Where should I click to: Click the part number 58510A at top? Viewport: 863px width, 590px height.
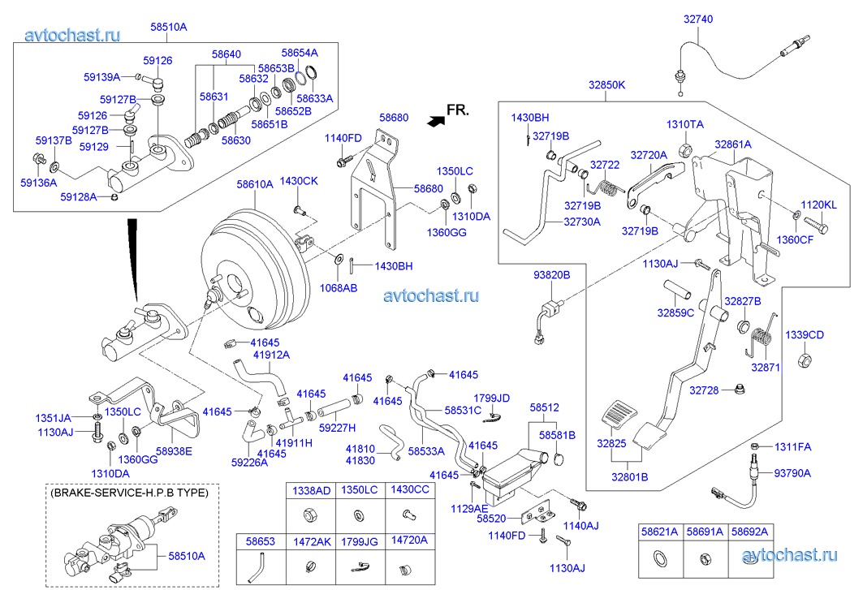[169, 27]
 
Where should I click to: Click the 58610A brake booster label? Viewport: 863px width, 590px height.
[255, 184]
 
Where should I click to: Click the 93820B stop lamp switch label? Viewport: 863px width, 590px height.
[551, 276]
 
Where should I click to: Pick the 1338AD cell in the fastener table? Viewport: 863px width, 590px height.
[311, 491]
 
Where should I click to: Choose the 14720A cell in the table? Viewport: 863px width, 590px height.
[408, 539]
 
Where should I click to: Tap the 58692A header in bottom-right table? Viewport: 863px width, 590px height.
[749, 532]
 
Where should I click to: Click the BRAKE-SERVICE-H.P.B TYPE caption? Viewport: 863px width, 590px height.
[129, 493]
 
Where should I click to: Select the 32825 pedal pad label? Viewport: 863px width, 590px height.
[611, 444]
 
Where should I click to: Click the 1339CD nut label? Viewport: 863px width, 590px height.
[804, 334]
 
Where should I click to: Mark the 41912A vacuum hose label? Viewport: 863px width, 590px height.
[271, 355]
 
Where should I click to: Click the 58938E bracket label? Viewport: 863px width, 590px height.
[174, 451]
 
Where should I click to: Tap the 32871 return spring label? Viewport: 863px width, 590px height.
[765, 367]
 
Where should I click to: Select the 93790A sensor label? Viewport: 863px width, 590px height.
[792, 472]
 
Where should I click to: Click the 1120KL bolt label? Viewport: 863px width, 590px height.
[818, 205]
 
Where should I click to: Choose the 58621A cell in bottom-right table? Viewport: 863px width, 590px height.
[658, 532]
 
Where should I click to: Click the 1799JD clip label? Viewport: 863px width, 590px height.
[491, 398]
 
